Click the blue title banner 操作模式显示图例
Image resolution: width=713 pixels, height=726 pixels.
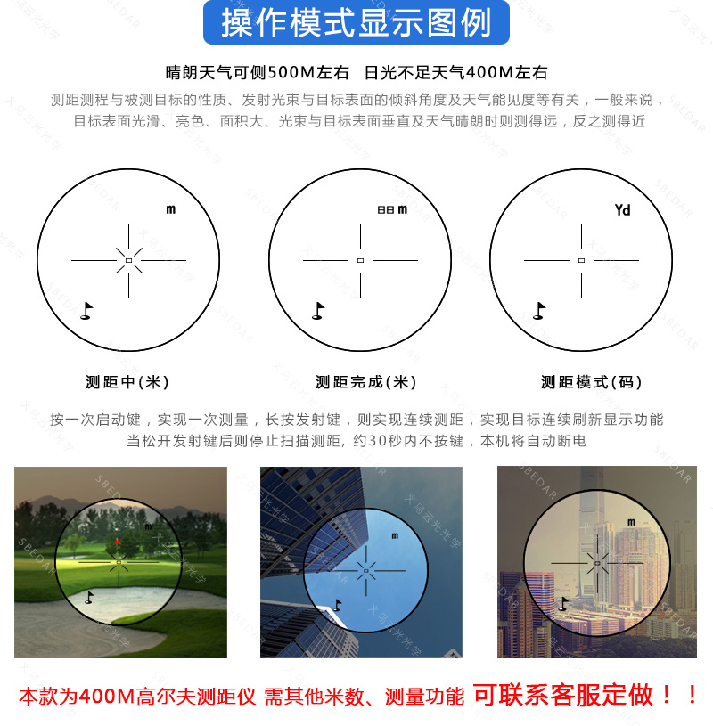point(356,24)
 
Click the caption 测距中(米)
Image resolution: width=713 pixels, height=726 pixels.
point(127,382)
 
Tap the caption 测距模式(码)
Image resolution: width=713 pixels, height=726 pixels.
point(592,382)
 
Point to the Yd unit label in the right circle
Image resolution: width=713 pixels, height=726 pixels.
point(622,210)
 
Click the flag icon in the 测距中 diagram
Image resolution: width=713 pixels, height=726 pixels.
point(86,310)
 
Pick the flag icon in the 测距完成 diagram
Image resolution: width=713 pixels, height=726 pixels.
point(318,310)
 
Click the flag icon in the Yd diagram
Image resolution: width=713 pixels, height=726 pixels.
point(538,310)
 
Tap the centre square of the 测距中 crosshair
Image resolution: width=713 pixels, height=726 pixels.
point(128,260)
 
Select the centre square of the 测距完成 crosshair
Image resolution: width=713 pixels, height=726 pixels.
point(360,260)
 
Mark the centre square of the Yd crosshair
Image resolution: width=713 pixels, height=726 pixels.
point(581,260)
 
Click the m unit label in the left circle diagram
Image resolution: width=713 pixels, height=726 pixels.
point(170,209)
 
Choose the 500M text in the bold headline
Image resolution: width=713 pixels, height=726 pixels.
point(291,73)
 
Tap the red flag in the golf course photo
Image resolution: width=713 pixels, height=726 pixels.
point(118,541)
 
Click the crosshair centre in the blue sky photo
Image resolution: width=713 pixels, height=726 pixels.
point(364,567)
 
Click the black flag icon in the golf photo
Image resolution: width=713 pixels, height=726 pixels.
point(89,597)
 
